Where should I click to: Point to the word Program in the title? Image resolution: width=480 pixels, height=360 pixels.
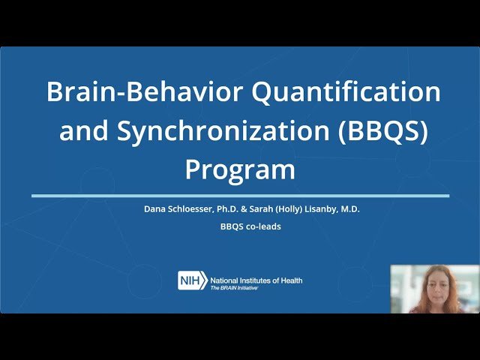pyautogui.click(x=240, y=169)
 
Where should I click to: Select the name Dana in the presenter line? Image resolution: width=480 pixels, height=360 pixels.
pyautogui.click(x=155, y=209)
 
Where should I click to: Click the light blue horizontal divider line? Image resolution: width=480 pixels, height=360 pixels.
pyautogui.click(x=240, y=196)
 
